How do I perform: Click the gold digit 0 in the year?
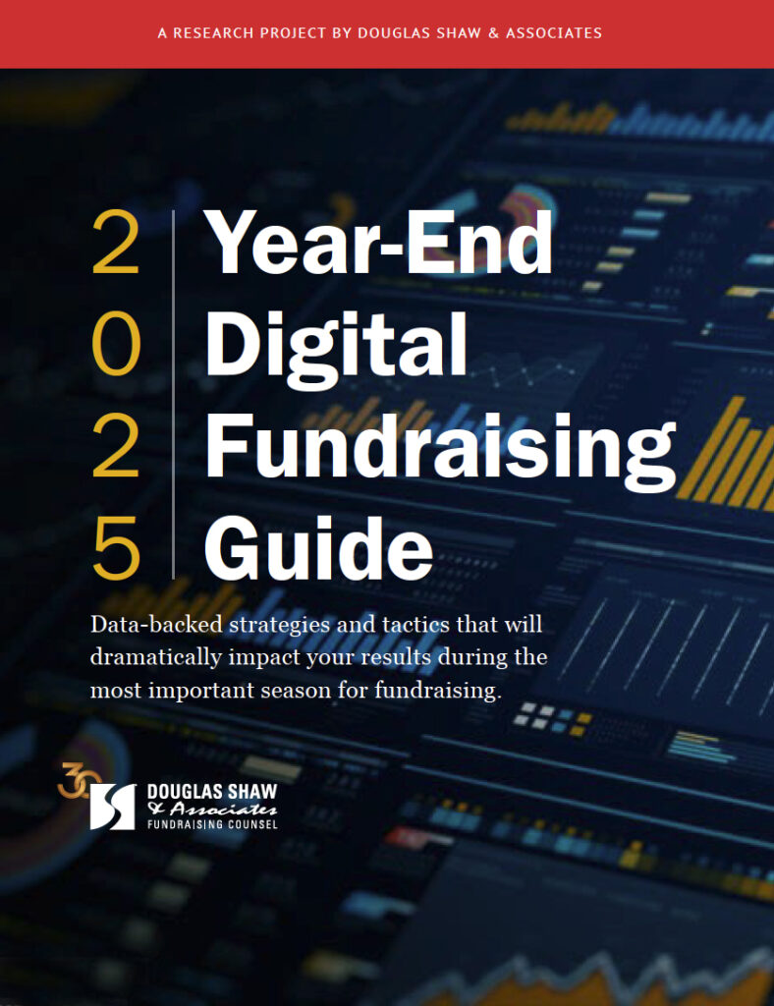click(x=116, y=347)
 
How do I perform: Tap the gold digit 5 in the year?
click(x=116, y=548)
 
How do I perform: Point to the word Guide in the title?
click(x=318, y=548)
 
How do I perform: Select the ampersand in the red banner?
click(x=493, y=33)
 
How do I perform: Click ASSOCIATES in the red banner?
click(x=553, y=33)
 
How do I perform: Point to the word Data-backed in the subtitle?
click(x=156, y=624)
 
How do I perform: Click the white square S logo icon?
click(x=113, y=807)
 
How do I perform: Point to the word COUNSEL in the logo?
click(x=249, y=824)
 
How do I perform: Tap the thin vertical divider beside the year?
click(x=173, y=395)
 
